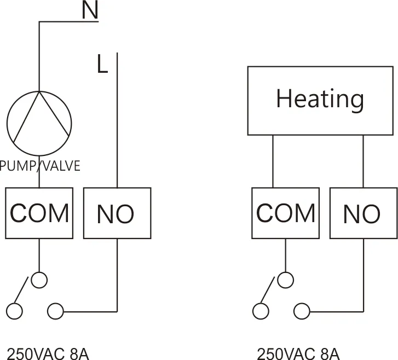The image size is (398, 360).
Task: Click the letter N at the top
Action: point(90,11)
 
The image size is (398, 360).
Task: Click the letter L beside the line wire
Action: point(102,64)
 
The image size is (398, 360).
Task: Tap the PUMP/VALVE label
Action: point(40,166)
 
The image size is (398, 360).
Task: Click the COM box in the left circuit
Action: point(39,213)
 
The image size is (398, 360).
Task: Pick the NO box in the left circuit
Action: point(117,213)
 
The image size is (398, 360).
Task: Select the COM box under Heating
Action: point(285,213)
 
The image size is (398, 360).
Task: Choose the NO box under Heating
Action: point(362,213)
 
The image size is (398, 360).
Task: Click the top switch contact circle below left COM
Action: point(39,280)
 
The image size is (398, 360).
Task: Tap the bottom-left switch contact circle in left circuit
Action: point(14,311)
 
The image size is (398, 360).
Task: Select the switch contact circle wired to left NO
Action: point(55,311)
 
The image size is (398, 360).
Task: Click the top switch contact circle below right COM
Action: point(285,280)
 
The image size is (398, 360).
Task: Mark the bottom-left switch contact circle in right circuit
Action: point(261,311)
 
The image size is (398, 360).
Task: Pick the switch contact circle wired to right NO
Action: point(301,311)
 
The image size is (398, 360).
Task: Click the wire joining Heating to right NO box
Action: point(362,161)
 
